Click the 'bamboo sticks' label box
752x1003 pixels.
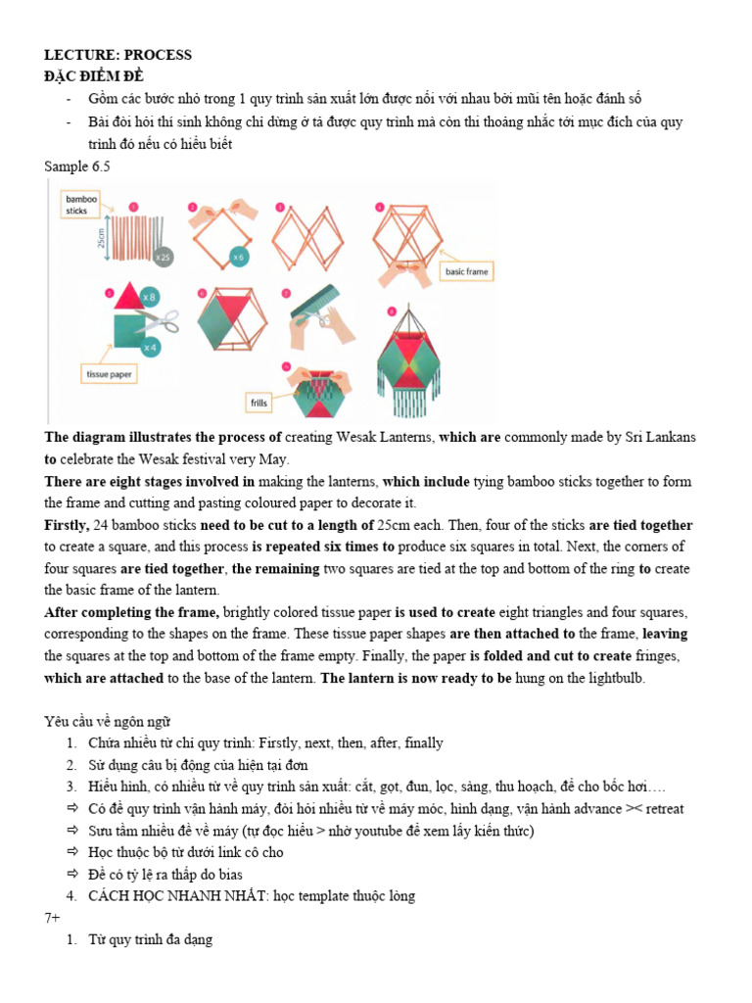[75, 204]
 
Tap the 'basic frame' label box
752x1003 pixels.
[466, 270]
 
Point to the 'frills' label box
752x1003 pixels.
[259, 403]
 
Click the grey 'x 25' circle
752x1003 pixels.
[162, 256]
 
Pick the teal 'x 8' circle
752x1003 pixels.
[150, 296]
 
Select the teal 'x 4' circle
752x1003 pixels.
[149, 347]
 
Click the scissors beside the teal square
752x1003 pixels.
[164, 321]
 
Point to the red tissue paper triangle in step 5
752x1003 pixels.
[127, 299]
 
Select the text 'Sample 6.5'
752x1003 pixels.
[77, 167]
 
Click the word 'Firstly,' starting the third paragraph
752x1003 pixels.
[67, 525]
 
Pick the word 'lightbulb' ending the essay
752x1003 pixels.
[614, 678]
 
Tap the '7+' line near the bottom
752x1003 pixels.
[53, 918]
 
